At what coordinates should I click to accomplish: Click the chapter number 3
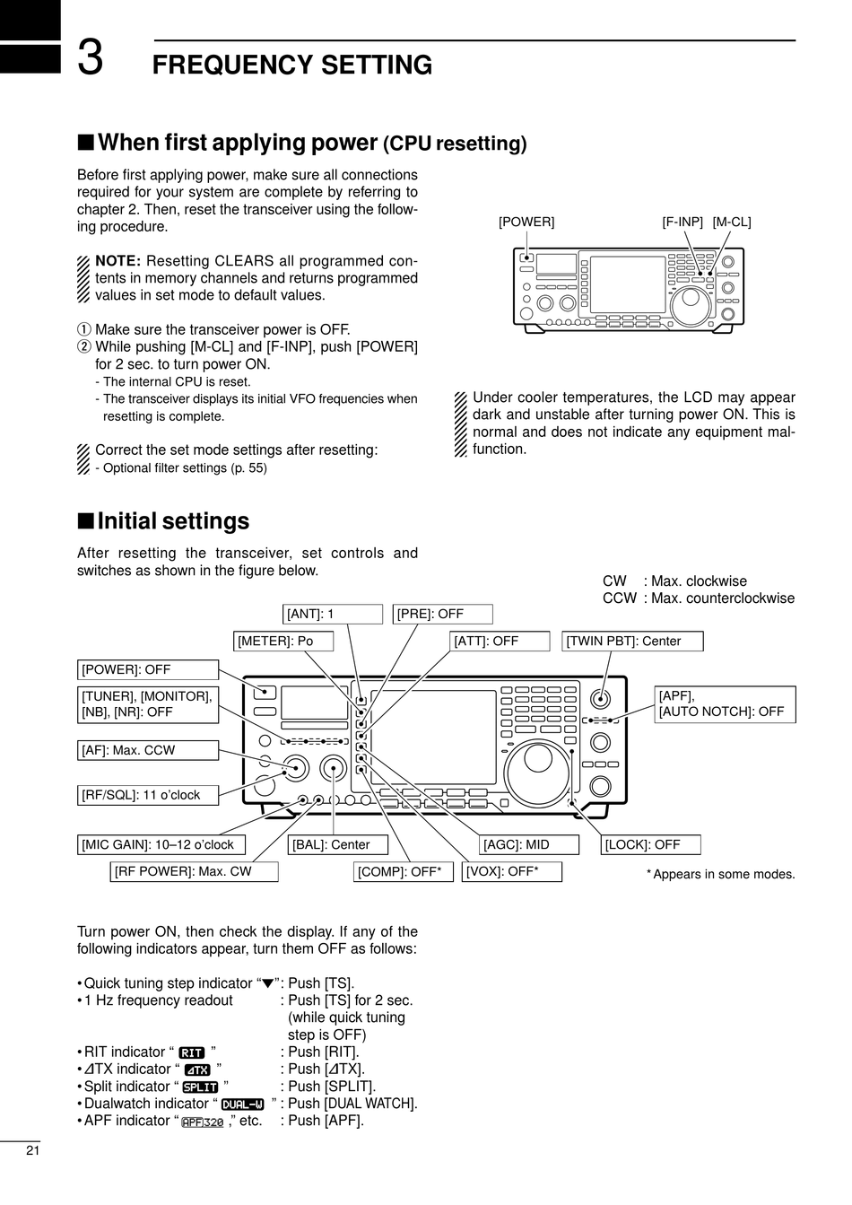90,59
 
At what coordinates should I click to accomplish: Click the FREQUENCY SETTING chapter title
292,65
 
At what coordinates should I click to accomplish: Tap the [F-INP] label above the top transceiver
682,222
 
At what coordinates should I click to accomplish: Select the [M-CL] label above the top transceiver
732,222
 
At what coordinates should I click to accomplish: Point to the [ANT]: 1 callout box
333,615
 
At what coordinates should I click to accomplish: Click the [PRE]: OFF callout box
443,615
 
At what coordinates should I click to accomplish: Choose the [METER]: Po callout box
284,641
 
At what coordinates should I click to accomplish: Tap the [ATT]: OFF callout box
500,641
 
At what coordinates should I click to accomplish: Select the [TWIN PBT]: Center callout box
633,641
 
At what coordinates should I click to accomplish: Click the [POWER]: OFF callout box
148,669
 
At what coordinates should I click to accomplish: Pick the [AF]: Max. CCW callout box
148,750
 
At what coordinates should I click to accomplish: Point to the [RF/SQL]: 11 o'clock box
148,795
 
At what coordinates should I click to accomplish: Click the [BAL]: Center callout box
339,844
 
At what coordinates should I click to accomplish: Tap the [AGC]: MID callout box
529,844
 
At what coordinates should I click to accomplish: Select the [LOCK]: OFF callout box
651,844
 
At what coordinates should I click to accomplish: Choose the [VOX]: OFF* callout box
512,871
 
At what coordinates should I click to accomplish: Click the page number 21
32,1151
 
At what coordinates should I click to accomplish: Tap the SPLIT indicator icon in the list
200,1087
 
